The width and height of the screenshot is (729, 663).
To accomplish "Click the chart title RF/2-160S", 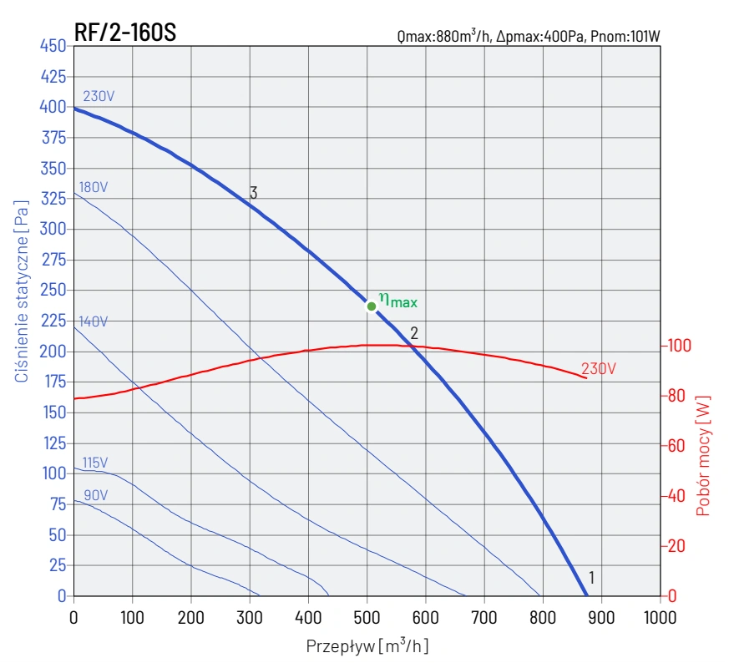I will point(124,33).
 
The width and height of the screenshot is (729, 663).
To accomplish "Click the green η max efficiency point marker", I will point(372,306).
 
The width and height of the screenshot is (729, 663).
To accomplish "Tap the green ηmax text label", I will point(397,300).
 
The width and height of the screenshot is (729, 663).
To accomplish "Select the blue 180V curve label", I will point(92,187).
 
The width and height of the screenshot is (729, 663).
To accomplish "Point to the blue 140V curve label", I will point(94,321).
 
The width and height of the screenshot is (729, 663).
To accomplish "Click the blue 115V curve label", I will point(94,463).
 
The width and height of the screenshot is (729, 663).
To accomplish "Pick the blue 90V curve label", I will point(94,495).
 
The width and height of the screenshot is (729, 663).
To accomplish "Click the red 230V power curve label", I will point(598,368).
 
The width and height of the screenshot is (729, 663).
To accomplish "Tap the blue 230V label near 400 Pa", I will point(99,96).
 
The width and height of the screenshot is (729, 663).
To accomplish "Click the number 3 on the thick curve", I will point(253,193).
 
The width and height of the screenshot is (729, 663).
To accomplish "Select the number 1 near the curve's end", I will point(591,577).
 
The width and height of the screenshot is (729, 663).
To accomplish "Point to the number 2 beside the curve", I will point(413,333).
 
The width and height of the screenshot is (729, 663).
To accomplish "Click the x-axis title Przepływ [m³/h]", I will point(367,645).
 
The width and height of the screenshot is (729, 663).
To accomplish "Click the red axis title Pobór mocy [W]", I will point(703,455).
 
